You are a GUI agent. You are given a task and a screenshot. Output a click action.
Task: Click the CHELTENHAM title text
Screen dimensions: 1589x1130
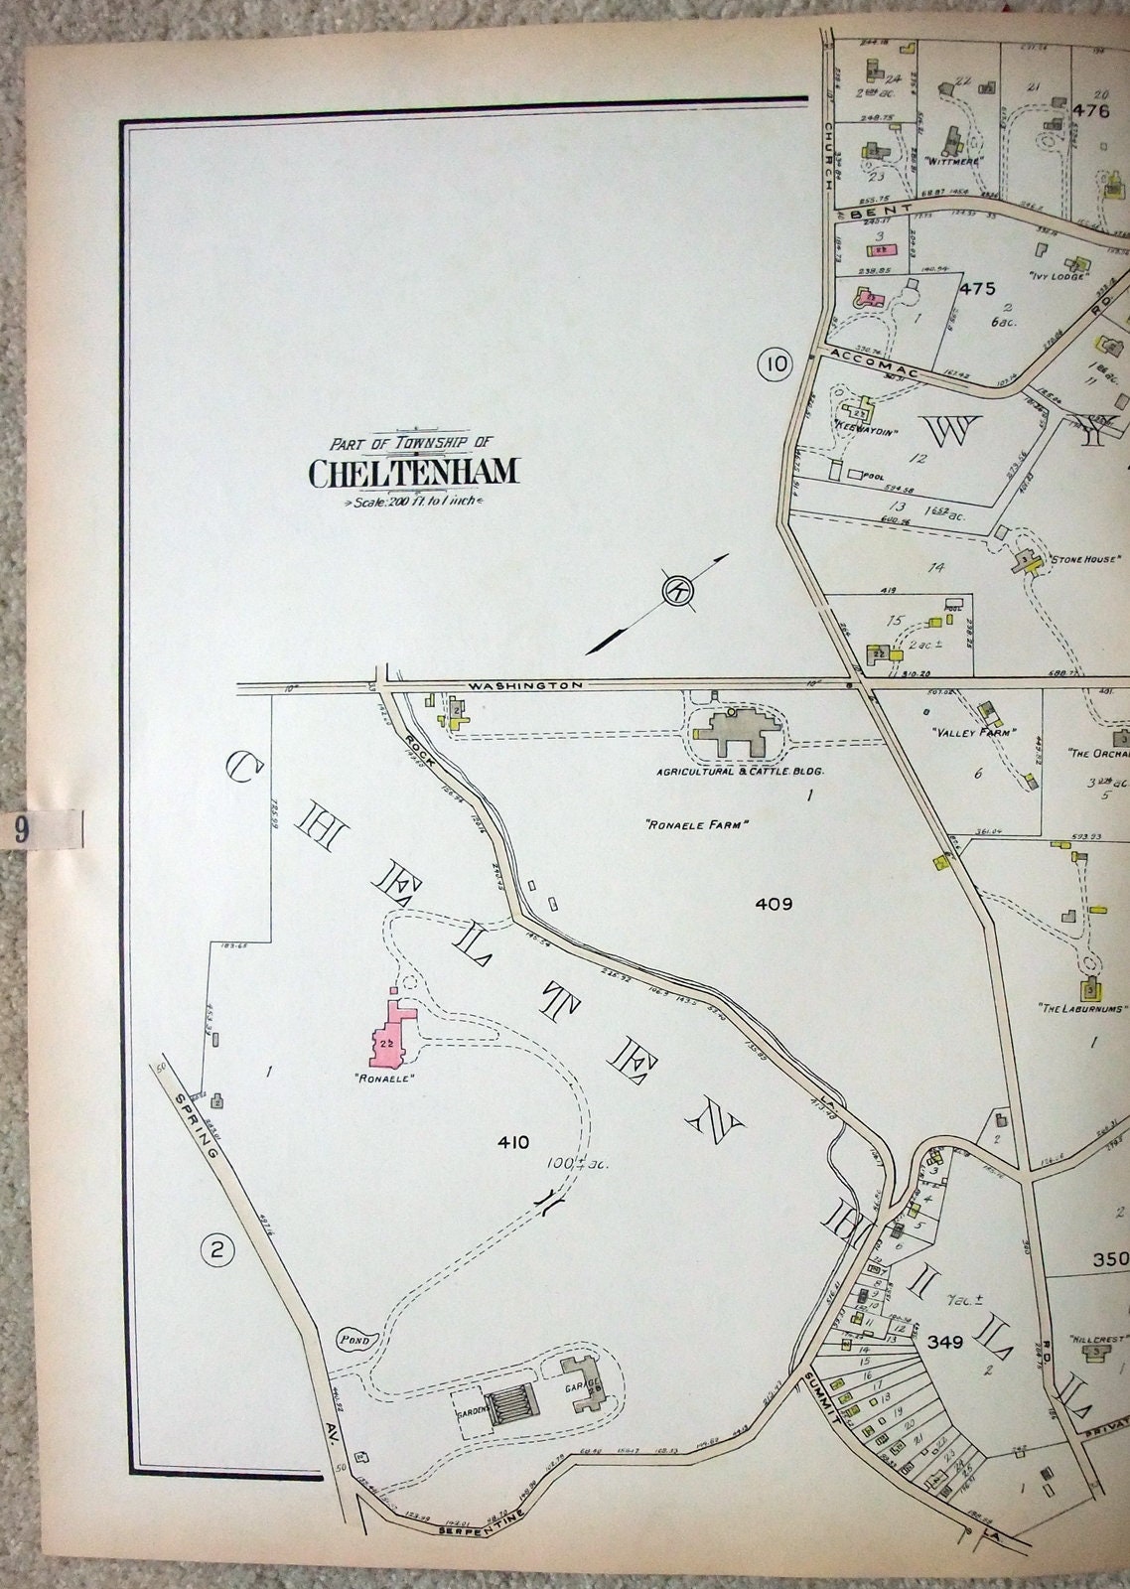413,473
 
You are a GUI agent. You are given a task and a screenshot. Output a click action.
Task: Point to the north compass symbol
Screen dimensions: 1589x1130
679,593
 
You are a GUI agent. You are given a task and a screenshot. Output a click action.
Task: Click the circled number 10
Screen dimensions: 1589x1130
775,364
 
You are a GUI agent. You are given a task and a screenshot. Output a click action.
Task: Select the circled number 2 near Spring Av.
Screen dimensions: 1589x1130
217,1250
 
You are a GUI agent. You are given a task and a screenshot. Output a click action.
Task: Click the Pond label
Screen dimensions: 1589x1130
353,1341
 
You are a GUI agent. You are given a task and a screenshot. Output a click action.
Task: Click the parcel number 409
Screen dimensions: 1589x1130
773,904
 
